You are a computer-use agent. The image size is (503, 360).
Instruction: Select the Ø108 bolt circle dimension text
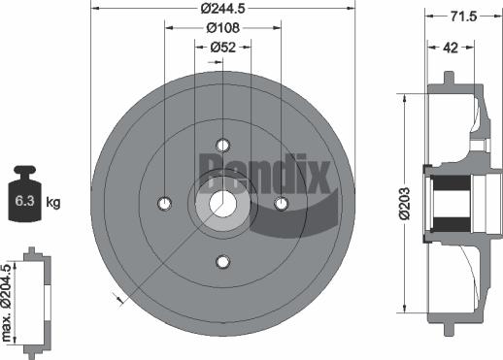pyautogui.click(x=224, y=28)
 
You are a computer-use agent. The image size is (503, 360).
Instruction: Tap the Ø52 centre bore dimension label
pyautogui.click(x=224, y=48)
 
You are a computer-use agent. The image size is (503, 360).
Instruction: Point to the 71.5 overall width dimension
pyautogui.click(x=463, y=17)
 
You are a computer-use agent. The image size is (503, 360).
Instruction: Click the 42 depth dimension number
pyautogui.click(x=449, y=48)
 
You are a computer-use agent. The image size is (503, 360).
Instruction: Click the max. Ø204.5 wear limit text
pyautogui.click(x=9, y=302)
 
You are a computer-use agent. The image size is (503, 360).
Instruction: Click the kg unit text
pyautogui.click(x=54, y=202)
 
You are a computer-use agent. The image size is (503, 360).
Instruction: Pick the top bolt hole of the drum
pyautogui.click(x=222, y=145)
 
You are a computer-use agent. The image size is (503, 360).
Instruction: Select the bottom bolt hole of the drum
pyautogui.click(x=222, y=262)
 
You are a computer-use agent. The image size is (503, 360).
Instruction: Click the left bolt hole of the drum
pyautogui.click(x=164, y=203)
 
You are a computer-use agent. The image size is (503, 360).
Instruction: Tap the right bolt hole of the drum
pyautogui.click(x=282, y=203)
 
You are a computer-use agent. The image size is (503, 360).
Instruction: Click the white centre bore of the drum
pyautogui.click(x=222, y=203)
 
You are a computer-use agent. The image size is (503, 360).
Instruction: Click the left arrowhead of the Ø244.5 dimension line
pyautogui.click(x=94, y=8)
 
